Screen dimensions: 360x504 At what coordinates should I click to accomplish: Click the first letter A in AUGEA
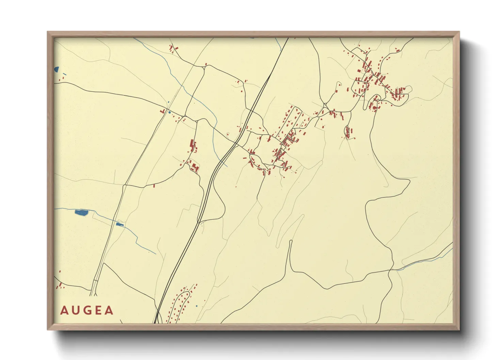(x=64, y=310)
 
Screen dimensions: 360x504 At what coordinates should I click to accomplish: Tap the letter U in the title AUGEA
(x=75, y=310)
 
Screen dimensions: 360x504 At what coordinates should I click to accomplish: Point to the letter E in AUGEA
(x=98, y=310)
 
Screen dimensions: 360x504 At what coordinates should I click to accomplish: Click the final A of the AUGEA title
(x=109, y=310)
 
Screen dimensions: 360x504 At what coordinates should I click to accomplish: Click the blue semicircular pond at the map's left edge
(x=56, y=69)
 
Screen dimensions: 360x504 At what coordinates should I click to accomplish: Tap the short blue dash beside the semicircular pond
(x=64, y=74)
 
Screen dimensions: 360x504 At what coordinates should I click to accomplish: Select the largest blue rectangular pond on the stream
(x=81, y=213)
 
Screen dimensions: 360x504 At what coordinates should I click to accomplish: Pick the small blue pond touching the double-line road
(x=120, y=224)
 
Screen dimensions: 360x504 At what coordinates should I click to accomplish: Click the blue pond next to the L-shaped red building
(x=169, y=112)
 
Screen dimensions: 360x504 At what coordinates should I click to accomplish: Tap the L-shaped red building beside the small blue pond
(x=163, y=111)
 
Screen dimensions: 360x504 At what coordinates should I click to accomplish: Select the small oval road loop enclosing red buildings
(x=347, y=132)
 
